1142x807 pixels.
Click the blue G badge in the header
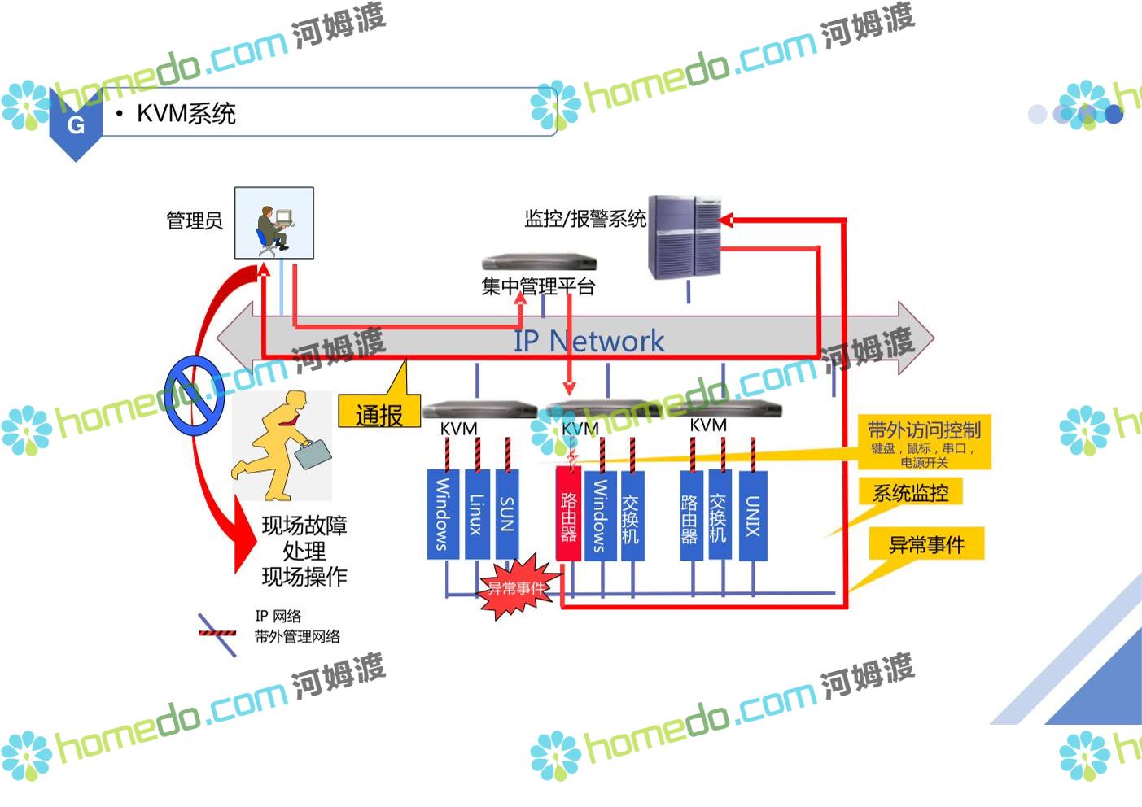[x=76, y=124]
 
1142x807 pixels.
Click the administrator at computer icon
[x=274, y=223]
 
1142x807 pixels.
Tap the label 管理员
[x=195, y=220]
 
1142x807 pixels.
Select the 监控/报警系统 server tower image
[x=685, y=237]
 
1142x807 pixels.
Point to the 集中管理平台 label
[x=538, y=286]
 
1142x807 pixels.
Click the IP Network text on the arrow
[x=589, y=341]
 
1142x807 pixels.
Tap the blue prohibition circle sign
[x=195, y=395]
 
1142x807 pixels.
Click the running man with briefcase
[x=282, y=446]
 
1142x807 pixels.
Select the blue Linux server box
[x=477, y=514]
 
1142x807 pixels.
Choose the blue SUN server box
[x=507, y=514]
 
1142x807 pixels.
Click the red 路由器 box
[x=568, y=514]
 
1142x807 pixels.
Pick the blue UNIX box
[x=753, y=515]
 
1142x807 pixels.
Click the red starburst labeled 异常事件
[x=516, y=587]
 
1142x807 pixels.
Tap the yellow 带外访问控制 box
[x=925, y=442]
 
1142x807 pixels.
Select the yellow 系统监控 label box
[x=911, y=492]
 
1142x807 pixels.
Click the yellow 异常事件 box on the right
[x=926, y=544]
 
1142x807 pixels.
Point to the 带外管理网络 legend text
[x=297, y=636]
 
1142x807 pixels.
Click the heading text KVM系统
[x=186, y=114]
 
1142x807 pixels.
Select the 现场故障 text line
[x=304, y=526]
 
